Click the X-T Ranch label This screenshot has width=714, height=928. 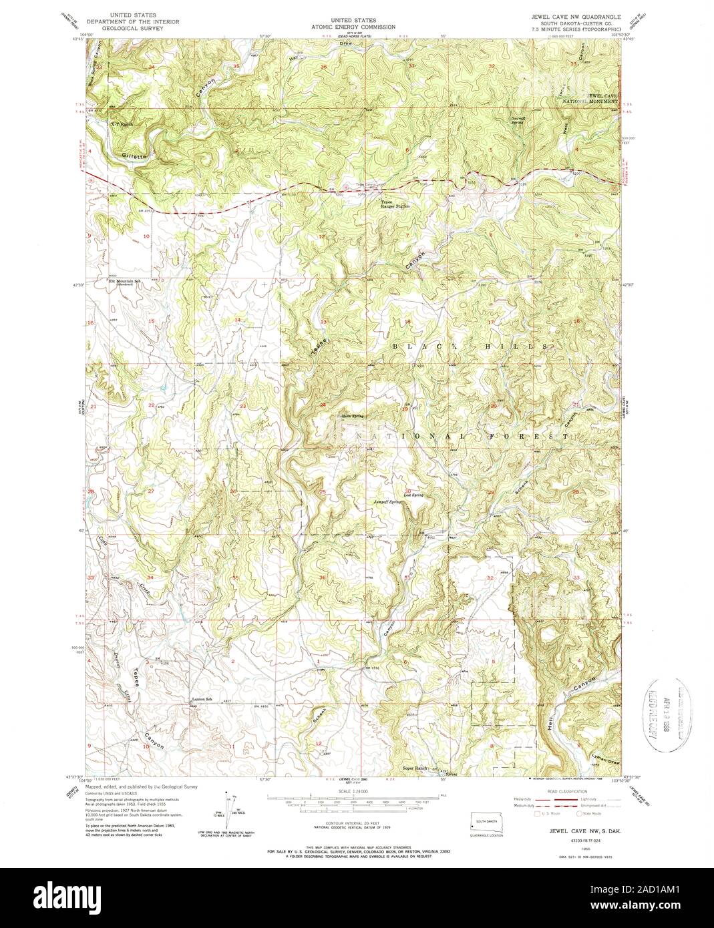[x=122, y=124]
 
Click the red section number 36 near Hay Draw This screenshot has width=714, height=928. [x=323, y=67]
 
